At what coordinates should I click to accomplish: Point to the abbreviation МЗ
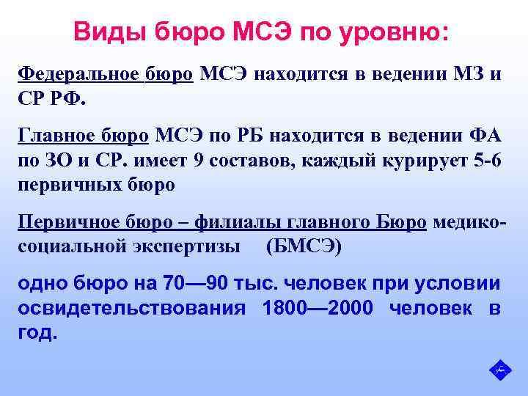point(468,74)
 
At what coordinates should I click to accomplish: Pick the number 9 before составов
point(197,160)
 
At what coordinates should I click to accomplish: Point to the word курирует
point(424,160)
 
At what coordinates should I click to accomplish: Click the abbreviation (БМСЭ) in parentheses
point(303,246)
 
